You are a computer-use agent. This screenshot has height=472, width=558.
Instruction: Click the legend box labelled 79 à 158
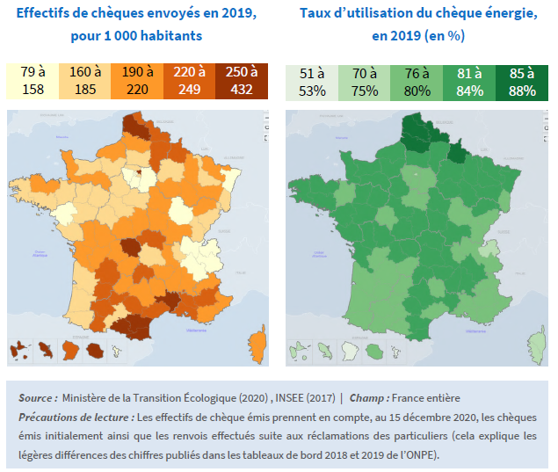pyautogui.click(x=33, y=81)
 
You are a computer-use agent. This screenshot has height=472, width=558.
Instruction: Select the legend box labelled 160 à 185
pyautogui.click(x=85, y=81)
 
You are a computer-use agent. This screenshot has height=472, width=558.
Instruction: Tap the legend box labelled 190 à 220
pyautogui.click(x=137, y=81)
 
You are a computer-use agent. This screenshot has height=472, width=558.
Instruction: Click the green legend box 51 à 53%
pyautogui.click(x=312, y=81)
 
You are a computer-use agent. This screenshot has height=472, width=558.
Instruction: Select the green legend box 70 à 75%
pyautogui.click(x=365, y=81)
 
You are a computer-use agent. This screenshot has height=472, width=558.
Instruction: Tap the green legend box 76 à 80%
pyautogui.click(x=417, y=81)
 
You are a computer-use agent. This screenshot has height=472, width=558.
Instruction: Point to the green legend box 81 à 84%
pyautogui.click(x=469, y=81)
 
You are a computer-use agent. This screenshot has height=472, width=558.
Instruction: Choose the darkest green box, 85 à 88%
pyautogui.click(x=521, y=81)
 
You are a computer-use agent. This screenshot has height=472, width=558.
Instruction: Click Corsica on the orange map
pyautogui.click(x=257, y=342)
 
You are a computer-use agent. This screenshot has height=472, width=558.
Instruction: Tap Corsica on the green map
pyautogui.click(x=537, y=342)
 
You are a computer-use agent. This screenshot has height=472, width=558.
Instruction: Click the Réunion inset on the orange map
pyautogui.click(x=94, y=352)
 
